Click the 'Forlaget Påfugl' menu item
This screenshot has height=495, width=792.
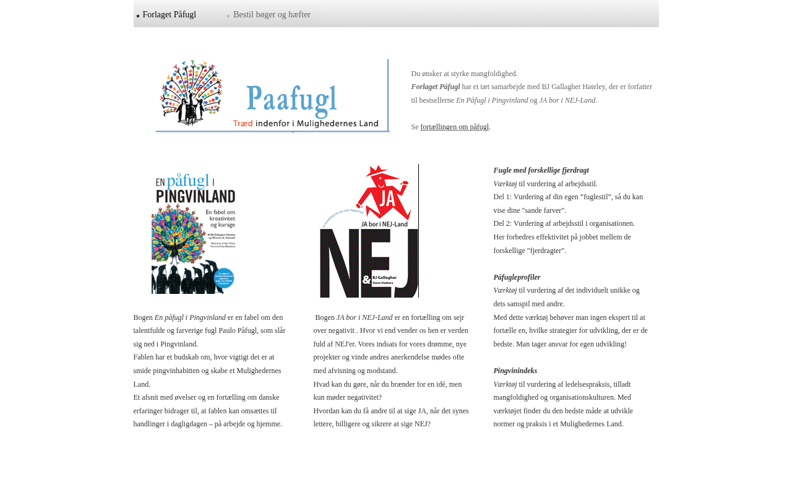tap(169, 15)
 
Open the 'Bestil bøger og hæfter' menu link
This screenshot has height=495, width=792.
tap(272, 15)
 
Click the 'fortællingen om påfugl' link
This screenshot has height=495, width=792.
tap(455, 127)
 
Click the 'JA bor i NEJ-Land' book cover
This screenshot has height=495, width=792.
tap(369, 231)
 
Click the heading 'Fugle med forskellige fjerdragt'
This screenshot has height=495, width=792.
tap(541, 171)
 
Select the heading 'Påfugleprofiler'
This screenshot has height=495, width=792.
tap(517, 278)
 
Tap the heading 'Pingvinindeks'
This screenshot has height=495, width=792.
tap(515, 371)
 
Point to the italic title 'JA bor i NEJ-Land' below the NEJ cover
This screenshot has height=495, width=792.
tap(364, 318)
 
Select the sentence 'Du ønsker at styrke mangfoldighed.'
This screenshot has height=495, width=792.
tap(464, 74)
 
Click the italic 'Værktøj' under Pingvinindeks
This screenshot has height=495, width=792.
tap(505, 385)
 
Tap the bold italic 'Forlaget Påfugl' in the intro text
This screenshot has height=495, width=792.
tap(436, 87)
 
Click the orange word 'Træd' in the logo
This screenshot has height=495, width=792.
tap(243, 124)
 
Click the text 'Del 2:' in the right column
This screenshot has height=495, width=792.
tap(502, 224)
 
